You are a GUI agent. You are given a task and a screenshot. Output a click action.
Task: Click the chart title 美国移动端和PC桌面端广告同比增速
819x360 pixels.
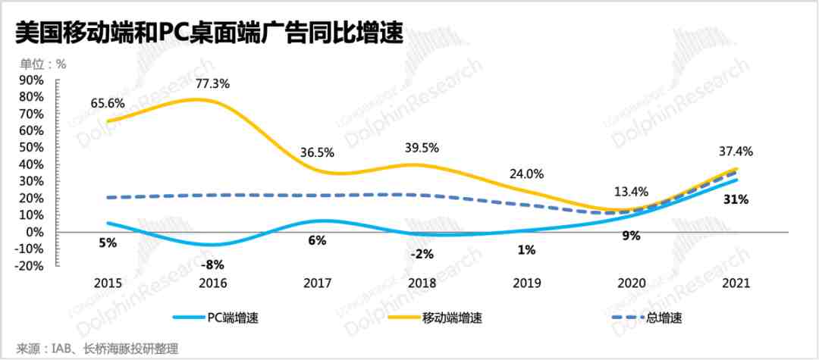(202, 34)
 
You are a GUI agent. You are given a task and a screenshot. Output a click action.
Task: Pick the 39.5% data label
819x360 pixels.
(422, 146)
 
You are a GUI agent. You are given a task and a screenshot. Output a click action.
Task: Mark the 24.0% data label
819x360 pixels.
(526, 174)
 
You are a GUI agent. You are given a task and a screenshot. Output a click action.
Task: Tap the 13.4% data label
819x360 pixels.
(630, 189)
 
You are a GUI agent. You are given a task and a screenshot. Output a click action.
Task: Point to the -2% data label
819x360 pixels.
(422, 254)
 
